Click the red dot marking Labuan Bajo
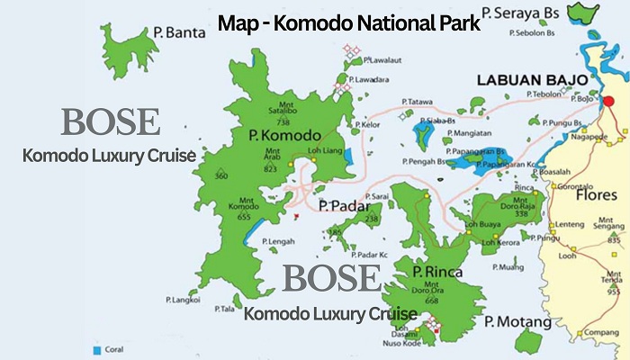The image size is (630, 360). pos(607,101)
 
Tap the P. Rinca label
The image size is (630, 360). pos(437,271)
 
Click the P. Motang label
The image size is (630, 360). pos(517,321)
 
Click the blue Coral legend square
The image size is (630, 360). pos(95,346)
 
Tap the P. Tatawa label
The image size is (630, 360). pos(418,101)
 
